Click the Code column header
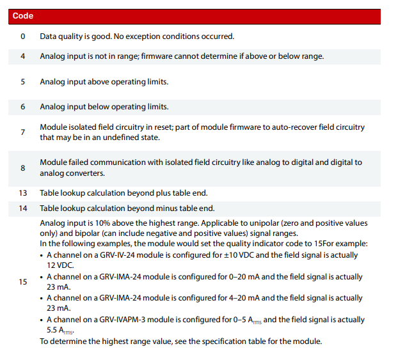click(x=23, y=16)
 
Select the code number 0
click(x=23, y=36)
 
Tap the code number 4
click(x=23, y=56)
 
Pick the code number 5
click(x=23, y=82)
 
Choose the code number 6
click(x=23, y=107)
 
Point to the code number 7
click(x=23, y=132)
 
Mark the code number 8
click(x=23, y=168)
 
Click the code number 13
click(x=23, y=192)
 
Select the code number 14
click(x=23, y=208)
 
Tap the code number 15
click(x=23, y=282)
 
